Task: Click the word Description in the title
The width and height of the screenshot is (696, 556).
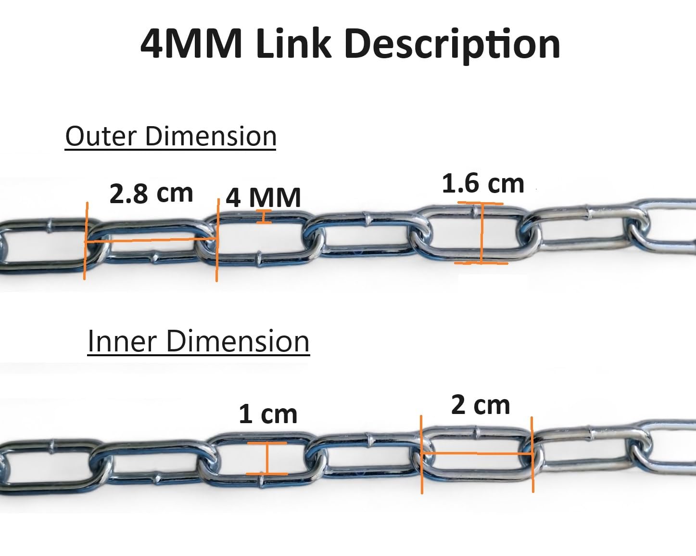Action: click(452, 45)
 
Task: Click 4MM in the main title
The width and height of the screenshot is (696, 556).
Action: click(191, 44)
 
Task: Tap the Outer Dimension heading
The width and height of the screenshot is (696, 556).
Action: click(170, 137)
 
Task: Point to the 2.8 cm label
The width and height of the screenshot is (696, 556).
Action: click(152, 194)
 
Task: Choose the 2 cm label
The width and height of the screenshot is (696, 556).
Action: click(481, 405)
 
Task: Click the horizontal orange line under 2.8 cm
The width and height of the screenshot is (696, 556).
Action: click(151, 241)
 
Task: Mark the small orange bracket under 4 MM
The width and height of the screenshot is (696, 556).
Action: click(264, 217)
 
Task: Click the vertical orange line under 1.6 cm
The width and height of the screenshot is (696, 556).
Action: click(481, 233)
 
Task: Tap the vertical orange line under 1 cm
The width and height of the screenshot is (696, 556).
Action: click(267, 458)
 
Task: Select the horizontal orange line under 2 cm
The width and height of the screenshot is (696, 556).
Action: click(477, 454)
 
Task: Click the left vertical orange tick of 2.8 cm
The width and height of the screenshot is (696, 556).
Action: click(86, 241)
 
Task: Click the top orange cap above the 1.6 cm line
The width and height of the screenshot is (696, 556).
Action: click(481, 203)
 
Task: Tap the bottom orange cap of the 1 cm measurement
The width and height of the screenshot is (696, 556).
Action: click(267, 474)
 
